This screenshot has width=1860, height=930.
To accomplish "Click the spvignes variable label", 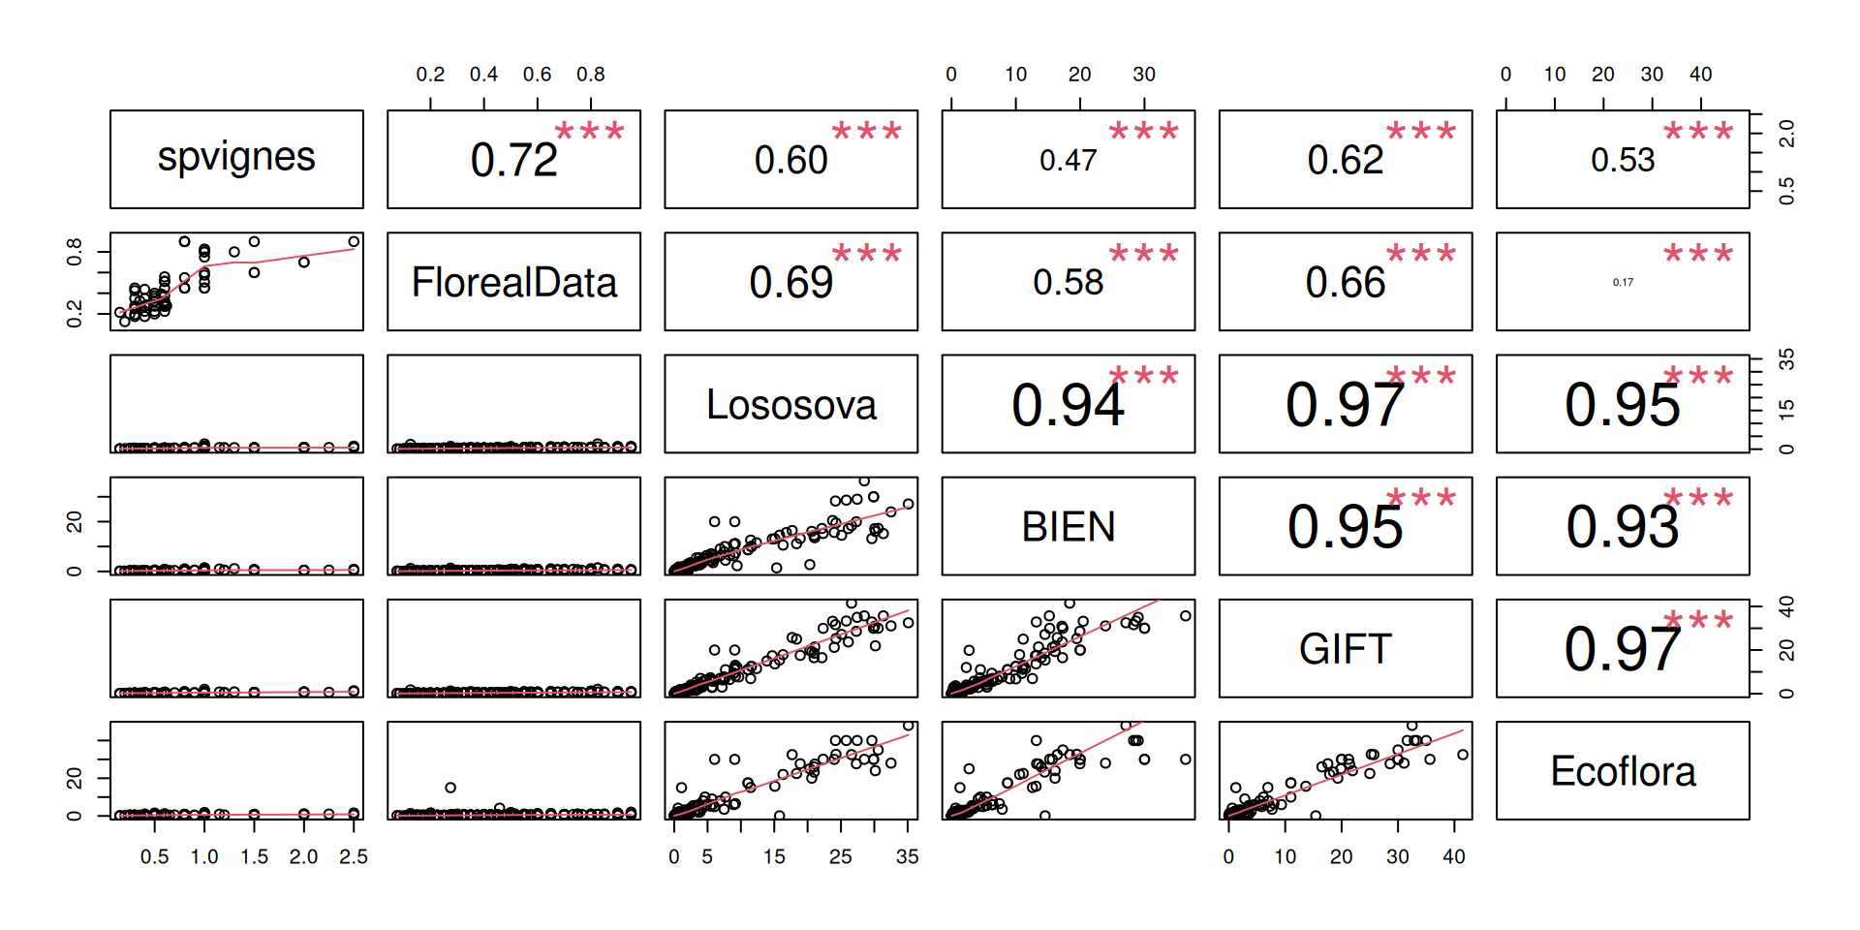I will point(236,158).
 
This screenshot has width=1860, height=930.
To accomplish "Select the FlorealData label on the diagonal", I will point(513,283).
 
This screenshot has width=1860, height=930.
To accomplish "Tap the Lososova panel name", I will point(790,405).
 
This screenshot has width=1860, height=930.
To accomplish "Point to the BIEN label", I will point(1068,527).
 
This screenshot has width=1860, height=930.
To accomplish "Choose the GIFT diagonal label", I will point(1345,649).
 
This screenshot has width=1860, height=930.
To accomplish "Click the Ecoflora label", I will point(1623,772).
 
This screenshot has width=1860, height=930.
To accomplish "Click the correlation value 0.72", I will point(513,161).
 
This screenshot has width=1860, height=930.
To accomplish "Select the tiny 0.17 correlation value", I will point(1623,283).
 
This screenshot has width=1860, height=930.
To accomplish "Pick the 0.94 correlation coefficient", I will point(1068,405).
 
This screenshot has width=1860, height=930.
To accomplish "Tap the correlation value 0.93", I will point(1623,527).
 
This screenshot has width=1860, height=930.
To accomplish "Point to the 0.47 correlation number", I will point(1068,161).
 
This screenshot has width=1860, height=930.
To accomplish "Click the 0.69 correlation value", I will point(790,283).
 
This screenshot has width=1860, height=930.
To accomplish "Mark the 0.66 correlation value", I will point(1345,283).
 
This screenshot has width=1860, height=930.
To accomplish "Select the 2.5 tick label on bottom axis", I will point(354,857).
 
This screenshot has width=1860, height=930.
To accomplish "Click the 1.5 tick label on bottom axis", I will point(254,857).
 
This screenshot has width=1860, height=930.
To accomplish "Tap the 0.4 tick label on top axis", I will point(483,75).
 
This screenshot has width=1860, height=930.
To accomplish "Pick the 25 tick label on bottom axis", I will point(840,857).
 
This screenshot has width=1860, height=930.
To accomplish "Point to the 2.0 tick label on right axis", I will point(1786,133).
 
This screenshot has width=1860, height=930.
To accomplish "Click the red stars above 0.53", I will point(1697,132).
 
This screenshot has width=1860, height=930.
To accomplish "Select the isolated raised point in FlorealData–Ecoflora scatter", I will point(450,788).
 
